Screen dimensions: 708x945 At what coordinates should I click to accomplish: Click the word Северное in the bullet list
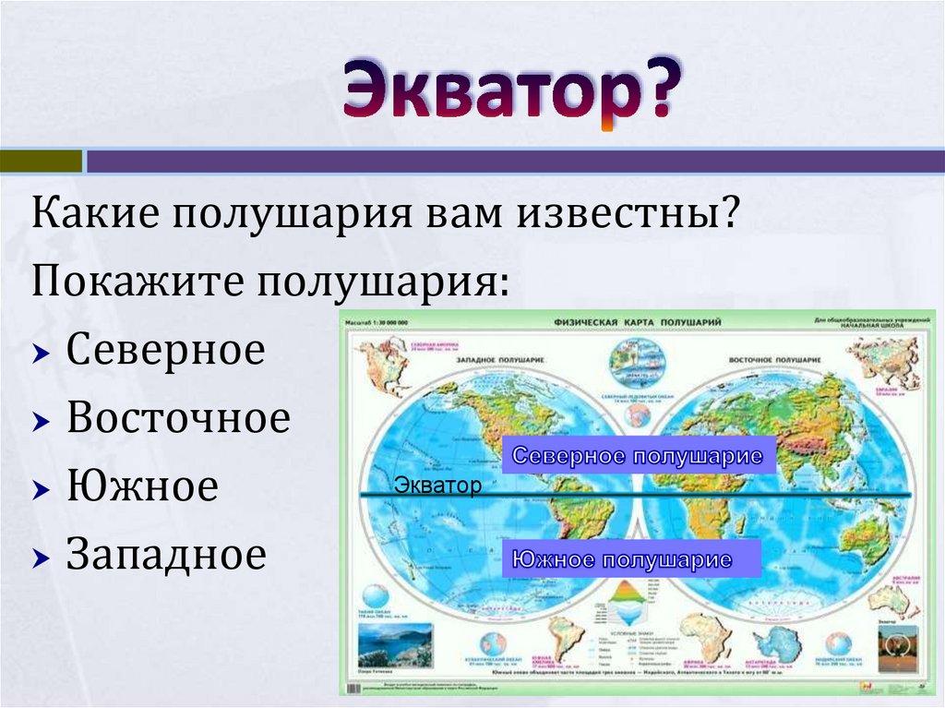(165, 351)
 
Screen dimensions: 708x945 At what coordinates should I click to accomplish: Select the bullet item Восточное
(178, 419)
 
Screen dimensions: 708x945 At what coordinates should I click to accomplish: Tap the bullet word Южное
(142, 487)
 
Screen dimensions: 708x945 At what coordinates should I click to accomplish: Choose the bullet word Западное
(166, 556)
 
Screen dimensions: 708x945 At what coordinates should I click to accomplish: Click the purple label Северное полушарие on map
(638, 457)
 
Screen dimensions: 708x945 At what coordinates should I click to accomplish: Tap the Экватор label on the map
(437, 486)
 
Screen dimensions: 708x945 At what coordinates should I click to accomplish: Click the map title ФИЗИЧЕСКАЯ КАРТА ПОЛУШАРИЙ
(637, 322)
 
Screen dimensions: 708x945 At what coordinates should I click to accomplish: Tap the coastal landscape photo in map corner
(395, 644)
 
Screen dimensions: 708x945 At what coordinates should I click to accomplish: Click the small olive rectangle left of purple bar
(41, 162)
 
